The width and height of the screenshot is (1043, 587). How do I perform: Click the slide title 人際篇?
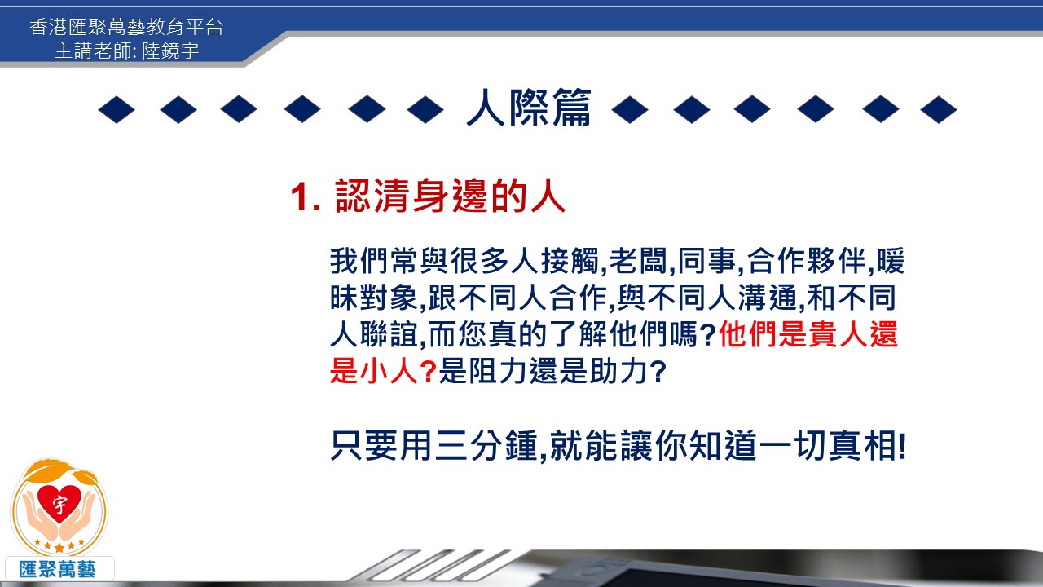click(529, 108)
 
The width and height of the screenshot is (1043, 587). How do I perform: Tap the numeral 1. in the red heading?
click(306, 196)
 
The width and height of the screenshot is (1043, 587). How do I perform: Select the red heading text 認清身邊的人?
click(451, 196)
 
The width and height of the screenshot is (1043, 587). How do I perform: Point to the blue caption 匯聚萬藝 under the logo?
click(57, 569)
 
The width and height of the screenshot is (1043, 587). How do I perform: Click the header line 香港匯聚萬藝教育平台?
click(126, 27)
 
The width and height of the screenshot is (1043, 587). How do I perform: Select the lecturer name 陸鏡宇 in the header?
click(170, 51)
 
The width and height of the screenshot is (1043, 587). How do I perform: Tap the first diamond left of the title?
click(117, 110)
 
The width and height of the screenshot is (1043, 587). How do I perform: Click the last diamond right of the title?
click(938, 110)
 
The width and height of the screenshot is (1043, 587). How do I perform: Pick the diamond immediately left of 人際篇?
click(425, 110)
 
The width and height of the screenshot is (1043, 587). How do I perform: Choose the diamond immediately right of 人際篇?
click(630, 110)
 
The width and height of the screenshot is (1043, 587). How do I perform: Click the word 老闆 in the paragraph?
click(638, 261)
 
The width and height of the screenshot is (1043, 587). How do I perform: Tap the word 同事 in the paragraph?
click(706, 261)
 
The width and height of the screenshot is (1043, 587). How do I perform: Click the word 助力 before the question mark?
click(618, 371)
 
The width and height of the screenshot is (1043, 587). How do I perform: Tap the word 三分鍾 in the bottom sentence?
click(486, 446)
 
